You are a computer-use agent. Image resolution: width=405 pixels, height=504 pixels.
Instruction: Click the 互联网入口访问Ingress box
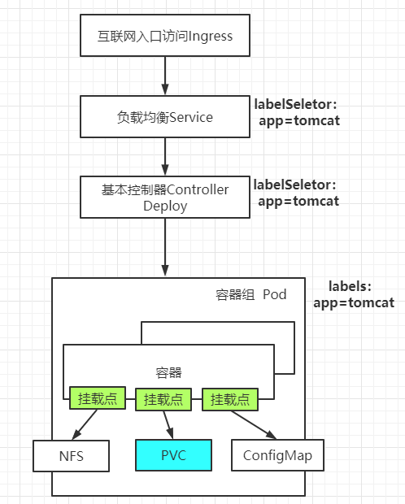(x=165, y=36)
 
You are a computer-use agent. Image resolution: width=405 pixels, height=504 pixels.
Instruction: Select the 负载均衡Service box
(x=165, y=116)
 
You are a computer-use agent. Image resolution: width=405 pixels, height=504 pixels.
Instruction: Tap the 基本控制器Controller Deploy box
(x=165, y=198)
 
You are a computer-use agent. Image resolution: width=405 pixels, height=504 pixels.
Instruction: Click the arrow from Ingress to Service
(x=165, y=76)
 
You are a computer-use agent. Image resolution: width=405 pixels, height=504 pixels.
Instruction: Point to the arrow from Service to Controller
(x=165, y=156)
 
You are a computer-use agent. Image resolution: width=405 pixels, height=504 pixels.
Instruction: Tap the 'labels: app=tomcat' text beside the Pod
(x=354, y=294)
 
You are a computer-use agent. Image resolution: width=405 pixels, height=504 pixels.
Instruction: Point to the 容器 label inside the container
(x=168, y=373)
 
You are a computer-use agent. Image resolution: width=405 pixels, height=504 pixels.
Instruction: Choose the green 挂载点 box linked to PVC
(x=163, y=399)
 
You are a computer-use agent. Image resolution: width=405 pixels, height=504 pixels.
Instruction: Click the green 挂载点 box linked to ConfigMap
(x=230, y=399)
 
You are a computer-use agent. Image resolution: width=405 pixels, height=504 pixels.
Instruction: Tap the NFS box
(x=70, y=455)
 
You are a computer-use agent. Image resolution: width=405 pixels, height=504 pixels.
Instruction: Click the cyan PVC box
(x=173, y=454)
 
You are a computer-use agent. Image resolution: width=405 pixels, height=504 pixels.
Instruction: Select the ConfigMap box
(x=272, y=455)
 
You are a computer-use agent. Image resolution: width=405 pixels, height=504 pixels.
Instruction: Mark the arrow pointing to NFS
(x=86, y=424)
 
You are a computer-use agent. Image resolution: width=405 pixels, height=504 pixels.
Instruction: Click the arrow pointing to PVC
(x=168, y=424)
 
